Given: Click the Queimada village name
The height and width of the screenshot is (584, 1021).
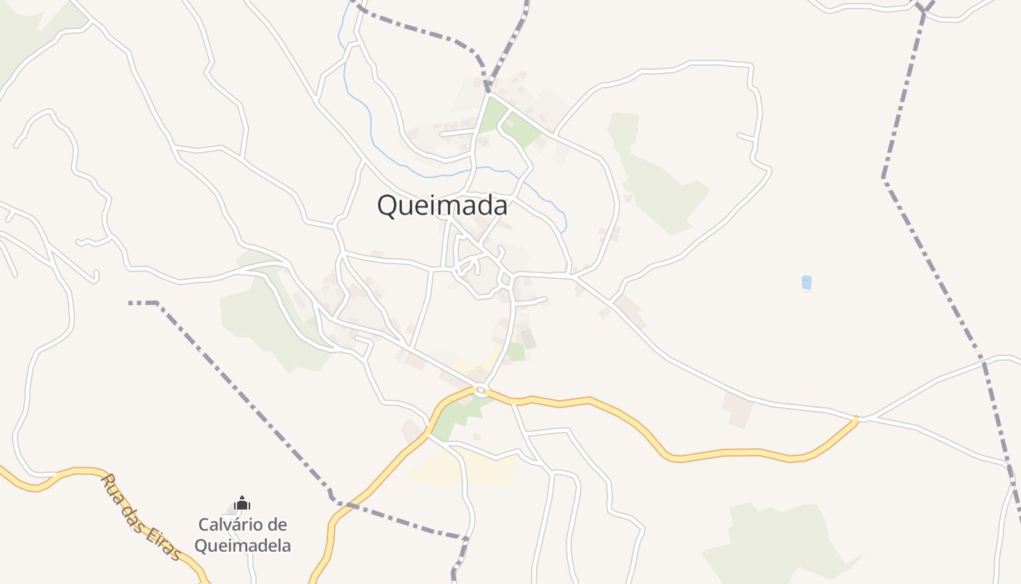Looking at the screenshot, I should point(442,206).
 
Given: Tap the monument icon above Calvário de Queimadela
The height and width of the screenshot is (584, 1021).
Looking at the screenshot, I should point(242,503).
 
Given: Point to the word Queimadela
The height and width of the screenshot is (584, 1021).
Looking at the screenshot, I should point(242,545).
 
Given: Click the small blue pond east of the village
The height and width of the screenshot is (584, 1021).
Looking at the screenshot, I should point(806,283).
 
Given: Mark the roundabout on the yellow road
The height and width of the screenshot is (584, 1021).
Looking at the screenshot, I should point(481,391).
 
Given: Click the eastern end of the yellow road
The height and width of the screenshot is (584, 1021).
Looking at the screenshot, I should point(856,418).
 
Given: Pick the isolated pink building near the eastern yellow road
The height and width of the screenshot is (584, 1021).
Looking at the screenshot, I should point(738,410).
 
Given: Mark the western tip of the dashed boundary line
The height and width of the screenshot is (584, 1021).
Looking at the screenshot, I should point(131,302).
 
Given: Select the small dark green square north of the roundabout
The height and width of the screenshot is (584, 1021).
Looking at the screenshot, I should point(527,338).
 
